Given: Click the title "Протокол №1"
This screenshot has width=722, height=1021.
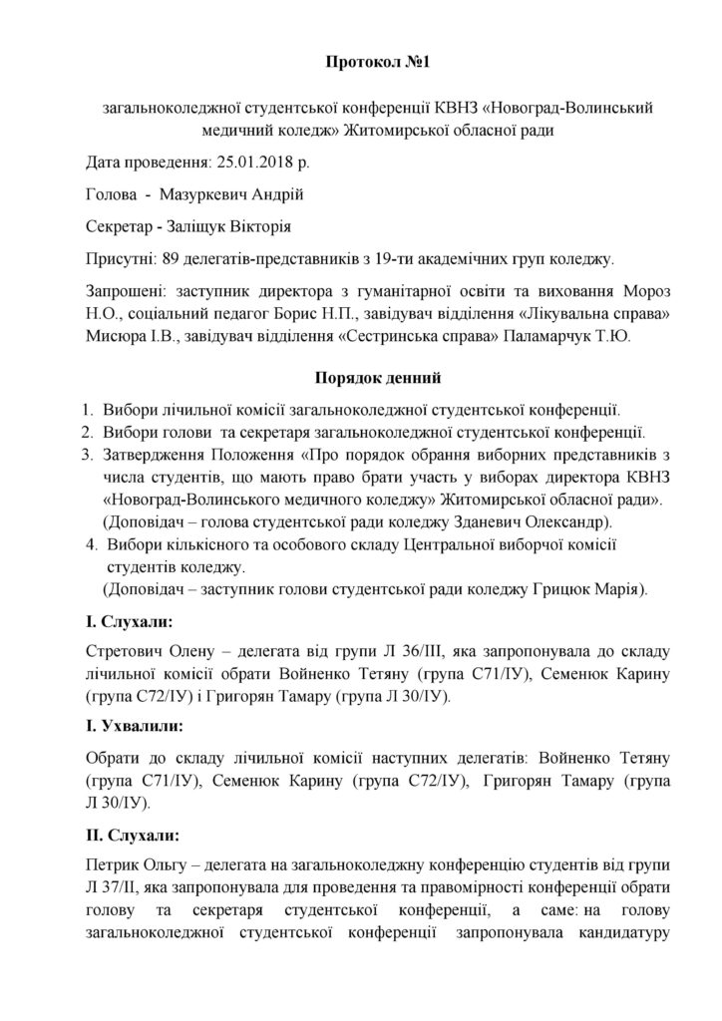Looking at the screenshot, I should point(362,63).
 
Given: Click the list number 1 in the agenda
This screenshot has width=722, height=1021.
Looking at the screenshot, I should point(89,409).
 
